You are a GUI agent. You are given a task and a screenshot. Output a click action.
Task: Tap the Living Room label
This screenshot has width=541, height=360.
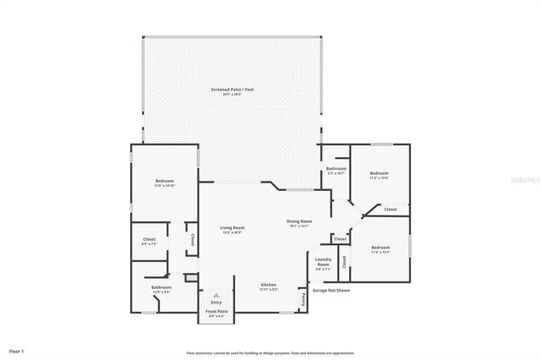point(232,228)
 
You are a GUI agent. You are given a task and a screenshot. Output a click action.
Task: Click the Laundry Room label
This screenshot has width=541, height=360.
point(322,263)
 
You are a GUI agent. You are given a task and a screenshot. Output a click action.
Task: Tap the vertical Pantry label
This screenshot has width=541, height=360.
point(303,298)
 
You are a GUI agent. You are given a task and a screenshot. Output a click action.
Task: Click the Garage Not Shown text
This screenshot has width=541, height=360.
point(331,290)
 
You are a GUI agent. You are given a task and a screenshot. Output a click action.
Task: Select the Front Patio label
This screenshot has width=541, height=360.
point(216,312)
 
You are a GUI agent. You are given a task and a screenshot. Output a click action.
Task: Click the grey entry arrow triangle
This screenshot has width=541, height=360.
point(216,294)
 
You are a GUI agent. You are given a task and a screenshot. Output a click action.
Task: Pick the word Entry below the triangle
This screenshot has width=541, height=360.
point(216,302)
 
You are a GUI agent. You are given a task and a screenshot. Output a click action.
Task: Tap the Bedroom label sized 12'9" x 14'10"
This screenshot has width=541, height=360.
point(164,182)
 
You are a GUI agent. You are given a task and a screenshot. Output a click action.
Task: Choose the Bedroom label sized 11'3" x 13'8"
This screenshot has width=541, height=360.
point(378,174)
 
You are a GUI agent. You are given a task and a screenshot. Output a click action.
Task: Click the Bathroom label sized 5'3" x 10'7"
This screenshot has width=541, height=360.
point(336,169)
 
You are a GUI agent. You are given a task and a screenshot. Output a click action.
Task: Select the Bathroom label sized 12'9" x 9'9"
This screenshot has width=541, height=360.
point(161,287)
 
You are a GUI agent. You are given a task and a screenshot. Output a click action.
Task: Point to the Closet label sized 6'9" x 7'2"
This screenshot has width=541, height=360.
point(149,240)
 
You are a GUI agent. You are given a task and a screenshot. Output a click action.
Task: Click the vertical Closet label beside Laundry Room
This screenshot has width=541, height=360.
point(344,262)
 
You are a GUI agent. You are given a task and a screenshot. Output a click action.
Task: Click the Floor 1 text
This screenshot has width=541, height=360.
point(17,350)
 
